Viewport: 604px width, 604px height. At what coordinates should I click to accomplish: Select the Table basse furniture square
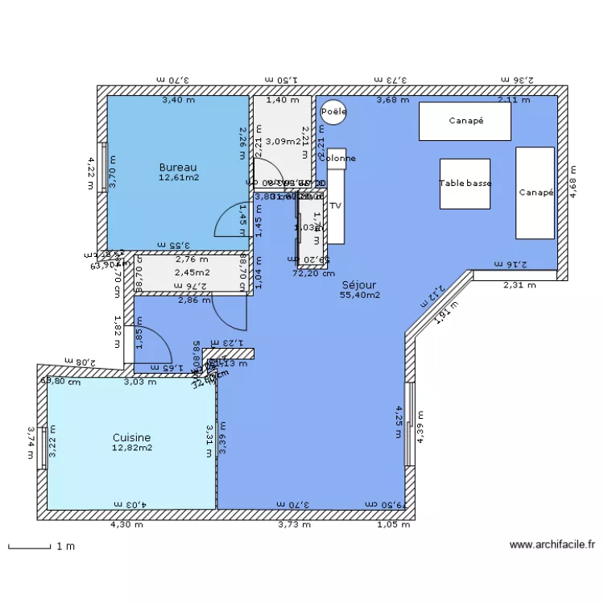[x=465, y=184]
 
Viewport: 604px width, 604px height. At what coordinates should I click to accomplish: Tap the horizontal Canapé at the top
[x=465, y=122]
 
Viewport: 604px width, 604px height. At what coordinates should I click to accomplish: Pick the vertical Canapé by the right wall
[x=535, y=192]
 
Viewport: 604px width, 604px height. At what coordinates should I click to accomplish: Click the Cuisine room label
[x=131, y=437]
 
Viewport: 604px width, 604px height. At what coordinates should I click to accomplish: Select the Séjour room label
[x=359, y=284]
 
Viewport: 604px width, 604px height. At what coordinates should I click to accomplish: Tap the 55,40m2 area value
[x=359, y=296]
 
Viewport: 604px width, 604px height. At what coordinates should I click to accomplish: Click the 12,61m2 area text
[x=178, y=177]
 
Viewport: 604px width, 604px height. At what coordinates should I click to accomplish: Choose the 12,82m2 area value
[x=131, y=448]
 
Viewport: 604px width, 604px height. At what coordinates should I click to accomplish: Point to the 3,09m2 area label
[x=282, y=142]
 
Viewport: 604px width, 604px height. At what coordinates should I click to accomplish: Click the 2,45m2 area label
[x=191, y=272]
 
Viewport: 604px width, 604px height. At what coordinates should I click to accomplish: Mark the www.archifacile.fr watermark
[x=552, y=545]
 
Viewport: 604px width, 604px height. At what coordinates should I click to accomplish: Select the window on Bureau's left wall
[x=103, y=168]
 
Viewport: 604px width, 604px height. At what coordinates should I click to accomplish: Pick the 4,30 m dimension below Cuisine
[x=127, y=524]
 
